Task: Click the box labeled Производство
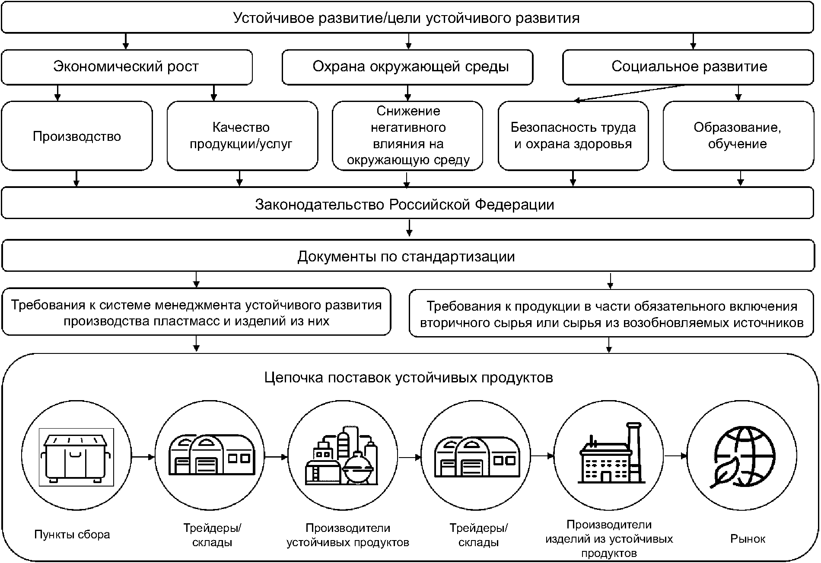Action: click(x=77, y=136)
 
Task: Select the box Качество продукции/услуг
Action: click(x=242, y=136)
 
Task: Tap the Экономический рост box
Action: click(x=127, y=67)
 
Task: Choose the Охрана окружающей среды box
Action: click(x=407, y=67)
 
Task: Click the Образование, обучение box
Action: click(x=738, y=136)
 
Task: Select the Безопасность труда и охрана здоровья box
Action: click(x=573, y=136)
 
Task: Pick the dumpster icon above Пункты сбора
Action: click(x=76, y=457)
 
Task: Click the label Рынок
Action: click(x=748, y=538)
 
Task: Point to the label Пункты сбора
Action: click(x=72, y=534)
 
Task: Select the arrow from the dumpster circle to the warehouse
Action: click(x=143, y=457)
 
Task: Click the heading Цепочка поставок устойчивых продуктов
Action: click(x=408, y=378)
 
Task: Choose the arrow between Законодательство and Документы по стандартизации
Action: click(x=409, y=228)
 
